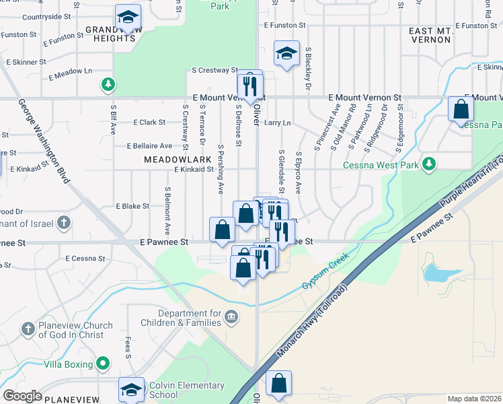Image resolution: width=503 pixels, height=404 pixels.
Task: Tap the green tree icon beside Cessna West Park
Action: point(428,164)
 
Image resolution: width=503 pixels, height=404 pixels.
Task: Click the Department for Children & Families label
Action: point(190,318)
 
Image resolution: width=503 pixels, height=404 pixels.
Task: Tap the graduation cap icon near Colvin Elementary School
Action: point(131,390)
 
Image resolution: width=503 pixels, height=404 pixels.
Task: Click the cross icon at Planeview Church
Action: point(28,329)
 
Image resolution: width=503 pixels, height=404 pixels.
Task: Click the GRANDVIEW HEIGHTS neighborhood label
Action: point(111,34)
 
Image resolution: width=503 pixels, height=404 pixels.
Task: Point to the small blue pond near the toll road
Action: point(437,272)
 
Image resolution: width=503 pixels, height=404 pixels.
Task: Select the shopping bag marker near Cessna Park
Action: point(461,109)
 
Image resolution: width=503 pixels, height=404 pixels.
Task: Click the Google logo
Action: point(22,396)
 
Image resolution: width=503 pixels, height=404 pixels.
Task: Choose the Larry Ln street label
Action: point(277,123)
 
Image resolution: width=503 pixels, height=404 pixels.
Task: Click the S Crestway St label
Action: point(215,69)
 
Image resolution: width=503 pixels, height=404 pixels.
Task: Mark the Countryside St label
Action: point(46,16)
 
